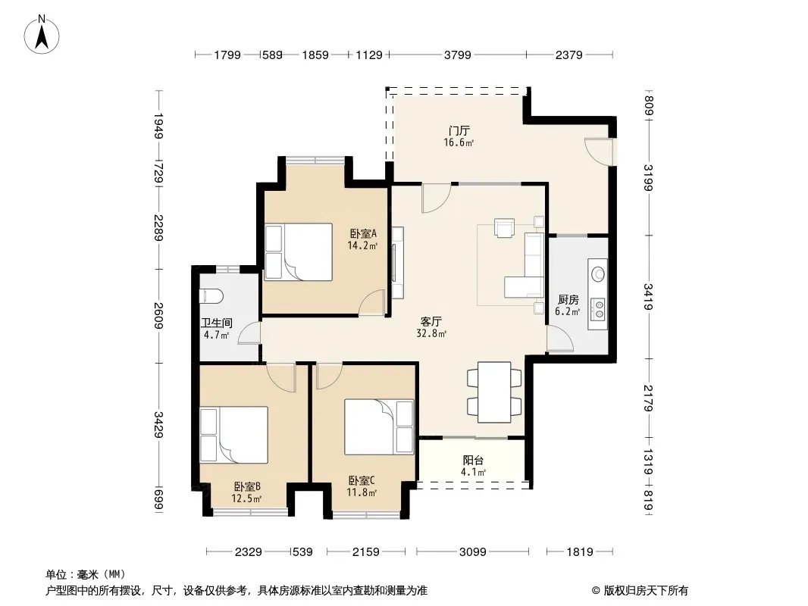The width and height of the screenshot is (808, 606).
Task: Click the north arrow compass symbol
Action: (42, 35)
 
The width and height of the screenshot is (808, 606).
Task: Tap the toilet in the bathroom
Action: (211, 296)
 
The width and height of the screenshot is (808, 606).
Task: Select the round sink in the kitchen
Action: (598, 273)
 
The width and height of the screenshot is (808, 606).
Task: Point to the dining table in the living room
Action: (494, 392)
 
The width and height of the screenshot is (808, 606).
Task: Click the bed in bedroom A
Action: (299, 251)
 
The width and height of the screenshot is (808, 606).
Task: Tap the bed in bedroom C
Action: (379, 426)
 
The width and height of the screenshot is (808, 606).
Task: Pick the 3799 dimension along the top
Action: (458, 55)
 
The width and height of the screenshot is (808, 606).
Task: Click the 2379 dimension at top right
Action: (569, 55)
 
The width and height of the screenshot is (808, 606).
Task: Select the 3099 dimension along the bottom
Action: (472, 552)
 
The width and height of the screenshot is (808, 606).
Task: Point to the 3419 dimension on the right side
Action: (648, 297)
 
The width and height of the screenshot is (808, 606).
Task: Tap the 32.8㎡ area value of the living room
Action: (431, 333)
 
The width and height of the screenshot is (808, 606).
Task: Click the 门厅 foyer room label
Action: (459, 131)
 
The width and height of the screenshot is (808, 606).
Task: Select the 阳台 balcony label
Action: (473, 461)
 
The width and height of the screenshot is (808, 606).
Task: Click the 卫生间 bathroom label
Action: (217, 323)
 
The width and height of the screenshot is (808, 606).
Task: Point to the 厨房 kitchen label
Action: (568, 300)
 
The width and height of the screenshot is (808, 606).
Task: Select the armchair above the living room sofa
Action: (505, 227)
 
